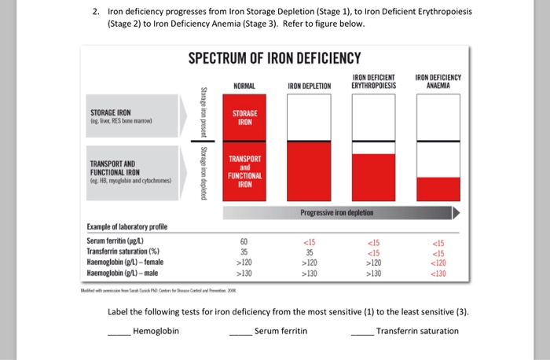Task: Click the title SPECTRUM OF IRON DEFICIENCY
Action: (x=274, y=58)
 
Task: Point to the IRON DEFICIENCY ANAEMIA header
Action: (x=437, y=81)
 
